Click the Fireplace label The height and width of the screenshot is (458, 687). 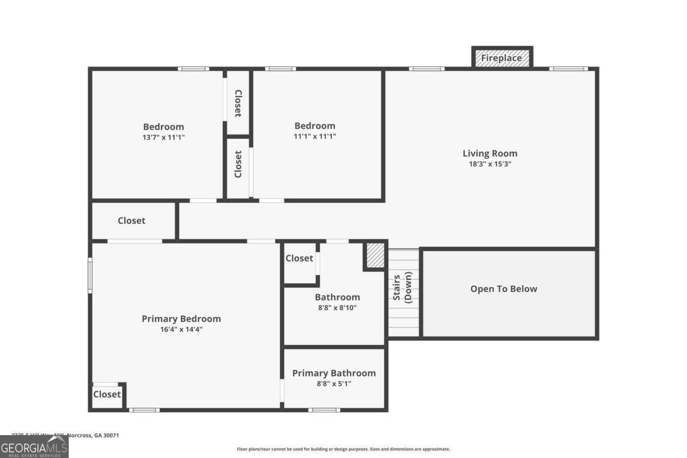click(x=502, y=58)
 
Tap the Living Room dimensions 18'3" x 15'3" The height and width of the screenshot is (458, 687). click(x=489, y=164)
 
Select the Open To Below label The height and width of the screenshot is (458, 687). click(x=504, y=289)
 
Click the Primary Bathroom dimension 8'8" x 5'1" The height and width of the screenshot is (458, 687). click(x=334, y=384)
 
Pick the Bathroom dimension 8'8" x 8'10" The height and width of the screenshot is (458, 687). click(x=337, y=307)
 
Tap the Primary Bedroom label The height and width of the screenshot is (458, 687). click(x=181, y=319)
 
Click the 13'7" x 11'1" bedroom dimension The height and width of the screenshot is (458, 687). click(x=163, y=137)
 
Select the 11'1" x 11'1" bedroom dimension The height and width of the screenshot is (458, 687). click(x=314, y=137)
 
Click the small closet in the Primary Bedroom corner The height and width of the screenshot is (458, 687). click(x=107, y=394)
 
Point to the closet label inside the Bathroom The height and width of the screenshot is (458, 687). click(x=299, y=258)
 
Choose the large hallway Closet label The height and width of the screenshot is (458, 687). click(x=132, y=221)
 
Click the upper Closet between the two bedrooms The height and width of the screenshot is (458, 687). click(x=238, y=103)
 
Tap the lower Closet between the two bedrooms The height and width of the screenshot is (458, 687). click(x=238, y=164)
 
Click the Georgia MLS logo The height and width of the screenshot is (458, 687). click(x=34, y=447)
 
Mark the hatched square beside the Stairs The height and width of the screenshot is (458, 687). click(x=375, y=255)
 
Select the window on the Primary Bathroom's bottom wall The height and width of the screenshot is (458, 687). click(x=324, y=410)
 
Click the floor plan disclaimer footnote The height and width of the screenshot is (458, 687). click(x=343, y=449)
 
